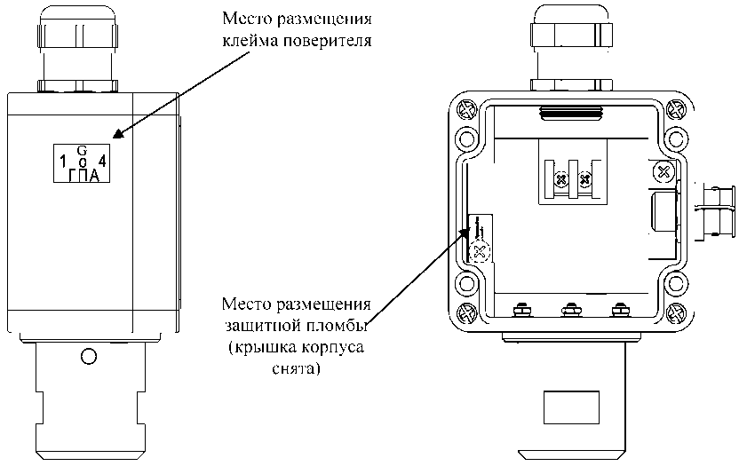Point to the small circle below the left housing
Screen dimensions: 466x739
tap(87, 357)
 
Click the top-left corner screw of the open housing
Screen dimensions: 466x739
tap(465, 110)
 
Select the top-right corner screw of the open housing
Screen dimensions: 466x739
tap(674, 110)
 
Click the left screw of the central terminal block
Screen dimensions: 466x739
tap(560, 181)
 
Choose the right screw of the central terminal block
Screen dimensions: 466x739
tap(584, 181)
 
